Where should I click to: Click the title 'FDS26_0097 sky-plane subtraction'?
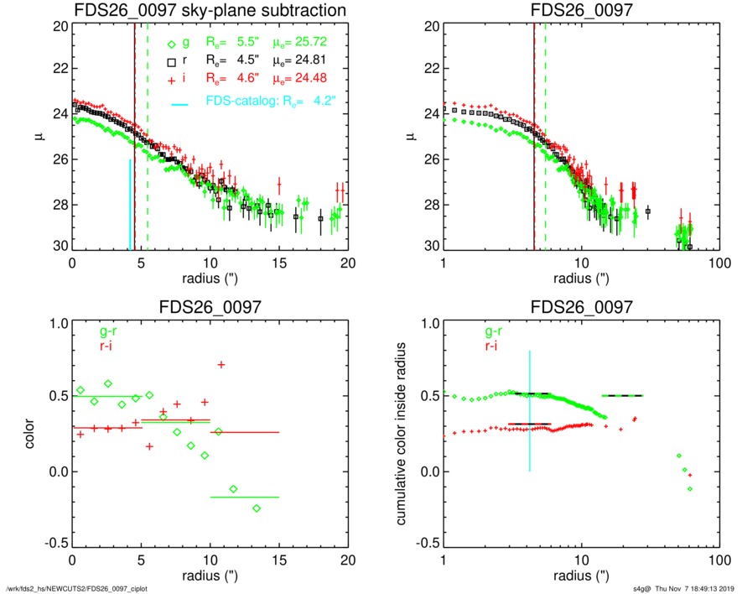(x=210, y=11)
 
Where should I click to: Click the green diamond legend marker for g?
(x=171, y=44)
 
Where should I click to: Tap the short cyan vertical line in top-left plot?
(x=130, y=206)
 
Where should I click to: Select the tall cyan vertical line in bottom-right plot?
(x=530, y=411)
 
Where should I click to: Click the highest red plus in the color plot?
(x=221, y=364)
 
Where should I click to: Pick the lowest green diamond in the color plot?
(x=257, y=508)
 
